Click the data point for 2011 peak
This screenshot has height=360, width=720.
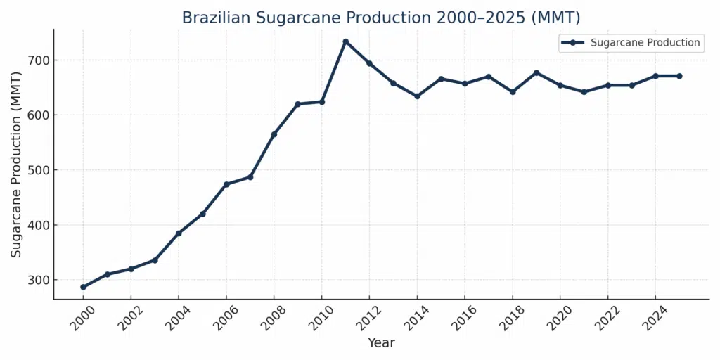(345, 41)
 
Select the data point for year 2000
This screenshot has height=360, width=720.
(83, 287)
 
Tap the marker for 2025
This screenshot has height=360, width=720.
(679, 76)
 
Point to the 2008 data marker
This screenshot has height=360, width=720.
(274, 134)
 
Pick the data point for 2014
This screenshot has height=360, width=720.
(417, 96)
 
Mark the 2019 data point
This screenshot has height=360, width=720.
(536, 72)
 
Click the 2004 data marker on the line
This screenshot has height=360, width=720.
(179, 233)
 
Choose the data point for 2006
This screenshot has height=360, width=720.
(226, 184)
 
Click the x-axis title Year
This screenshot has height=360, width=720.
(381, 343)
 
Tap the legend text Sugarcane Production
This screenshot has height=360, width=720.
(645, 43)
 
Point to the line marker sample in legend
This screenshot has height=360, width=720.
(573, 43)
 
